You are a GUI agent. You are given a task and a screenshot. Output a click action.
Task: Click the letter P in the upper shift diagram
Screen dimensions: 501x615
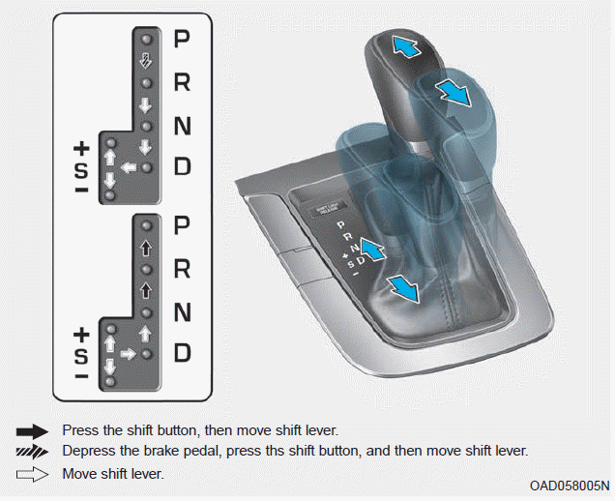(x=182, y=40)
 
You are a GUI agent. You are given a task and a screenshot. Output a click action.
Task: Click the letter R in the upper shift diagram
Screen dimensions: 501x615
(x=182, y=82)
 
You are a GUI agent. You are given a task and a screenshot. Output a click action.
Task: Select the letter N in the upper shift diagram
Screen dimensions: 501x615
(x=182, y=126)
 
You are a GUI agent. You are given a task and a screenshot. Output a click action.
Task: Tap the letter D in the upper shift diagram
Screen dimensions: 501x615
(x=182, y=166)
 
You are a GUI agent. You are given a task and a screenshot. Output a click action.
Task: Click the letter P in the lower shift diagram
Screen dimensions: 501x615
(x=182, y=226)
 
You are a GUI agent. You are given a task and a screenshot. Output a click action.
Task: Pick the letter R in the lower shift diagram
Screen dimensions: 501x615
(x=182, y=269)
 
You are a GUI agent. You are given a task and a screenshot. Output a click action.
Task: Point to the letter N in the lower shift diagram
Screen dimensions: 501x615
(x=182, y=312)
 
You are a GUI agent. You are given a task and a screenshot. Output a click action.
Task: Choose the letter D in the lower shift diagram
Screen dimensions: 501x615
(x=182, y=353)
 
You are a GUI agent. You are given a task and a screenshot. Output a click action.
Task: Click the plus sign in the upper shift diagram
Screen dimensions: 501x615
(x=81, y=149)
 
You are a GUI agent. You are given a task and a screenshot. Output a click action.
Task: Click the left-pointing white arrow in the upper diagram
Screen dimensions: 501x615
(x=125, y=168)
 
